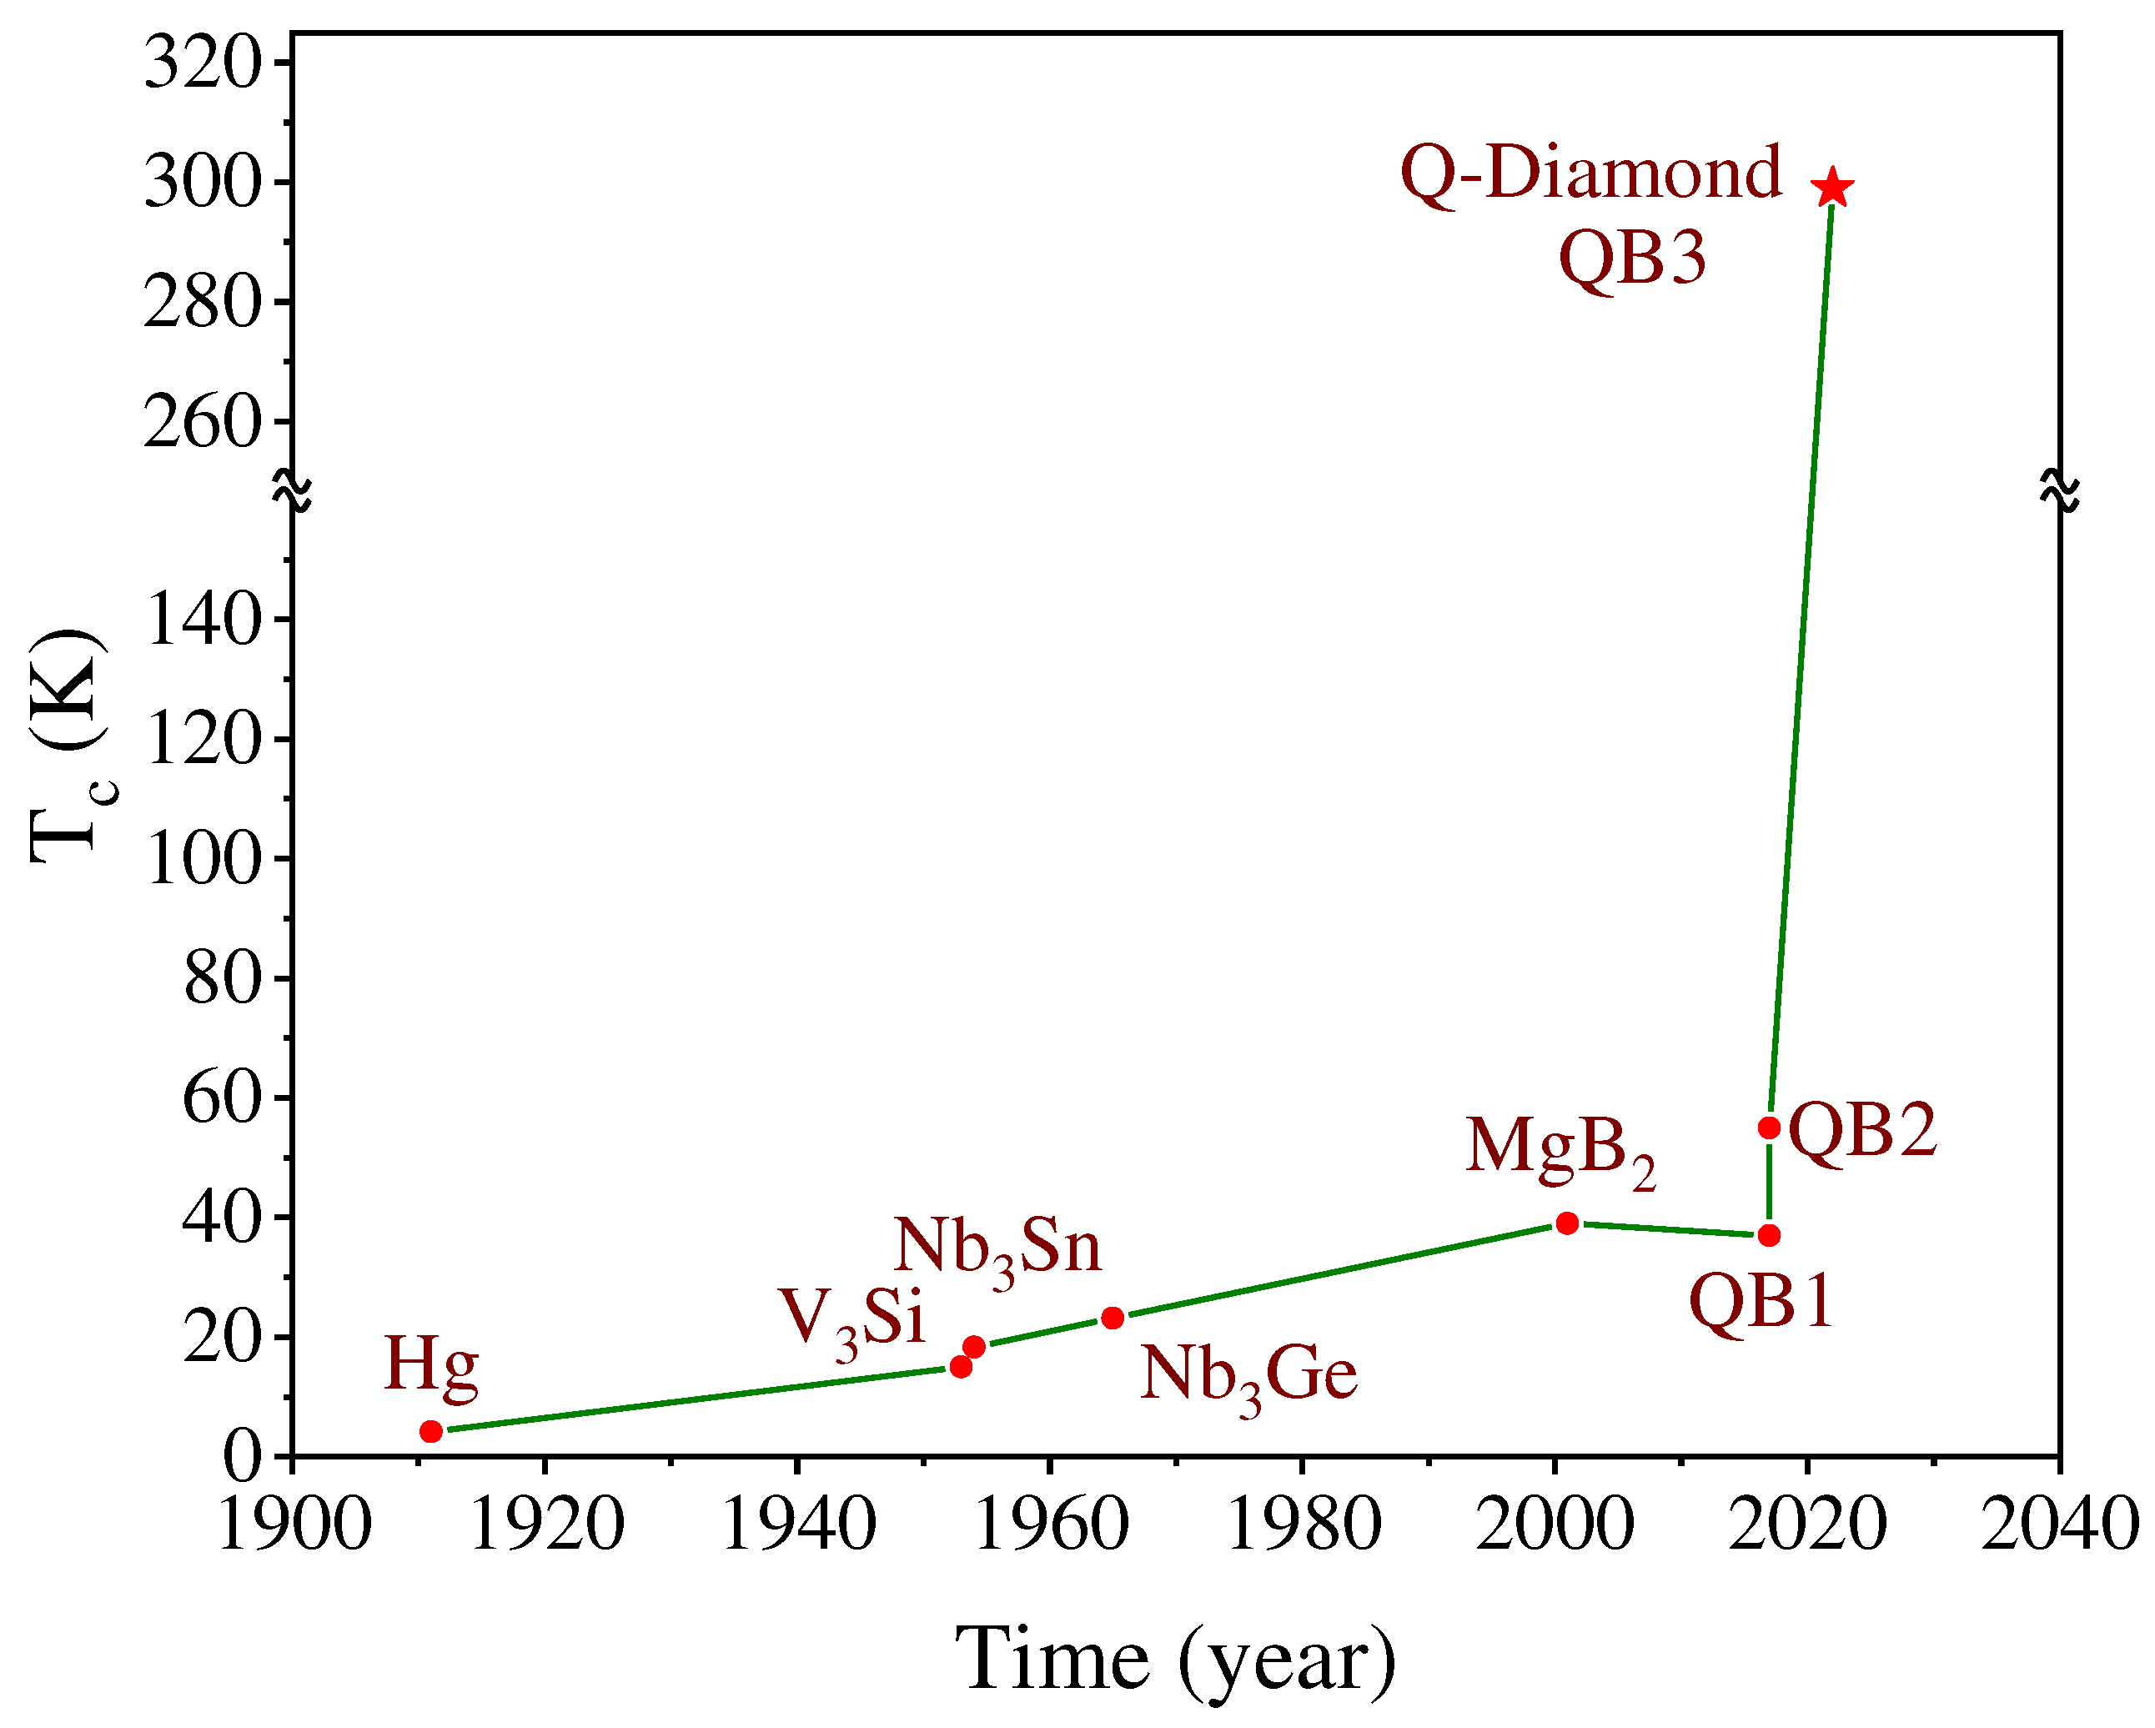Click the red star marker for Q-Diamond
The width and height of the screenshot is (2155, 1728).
(1832, 188)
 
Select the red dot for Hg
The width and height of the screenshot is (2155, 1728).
(431, 1431)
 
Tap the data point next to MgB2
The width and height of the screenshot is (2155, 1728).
(1567, 1223)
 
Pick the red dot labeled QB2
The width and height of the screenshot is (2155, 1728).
(1769, 1128)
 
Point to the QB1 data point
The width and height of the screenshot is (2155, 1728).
(1769, 1235)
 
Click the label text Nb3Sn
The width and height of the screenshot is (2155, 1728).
(997, 1248)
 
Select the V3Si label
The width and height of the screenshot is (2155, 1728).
(851, 1319)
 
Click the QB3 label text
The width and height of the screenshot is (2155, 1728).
(1632, 258)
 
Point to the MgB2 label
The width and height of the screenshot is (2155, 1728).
(1560, 1149)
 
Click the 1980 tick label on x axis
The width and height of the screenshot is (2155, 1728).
(1303, 1526)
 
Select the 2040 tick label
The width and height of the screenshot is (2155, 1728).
(2059, 1526)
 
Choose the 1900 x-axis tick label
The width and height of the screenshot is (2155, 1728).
(294, 1526)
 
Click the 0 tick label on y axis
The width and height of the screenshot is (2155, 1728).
(242, 1456)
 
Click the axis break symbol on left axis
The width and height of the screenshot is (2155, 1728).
(293, 490)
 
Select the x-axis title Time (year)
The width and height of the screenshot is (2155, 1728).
(1175, 1660)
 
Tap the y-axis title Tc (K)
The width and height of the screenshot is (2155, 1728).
(68, 746)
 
